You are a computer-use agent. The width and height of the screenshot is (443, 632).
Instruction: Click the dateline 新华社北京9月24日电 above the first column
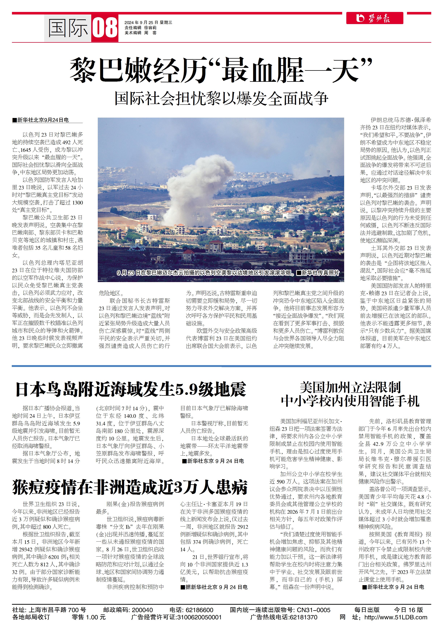coord(43,120)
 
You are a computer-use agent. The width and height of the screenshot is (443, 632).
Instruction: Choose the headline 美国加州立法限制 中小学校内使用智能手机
coord(350,394)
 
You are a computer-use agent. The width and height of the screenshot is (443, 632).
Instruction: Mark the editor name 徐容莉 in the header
coord(150,28)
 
